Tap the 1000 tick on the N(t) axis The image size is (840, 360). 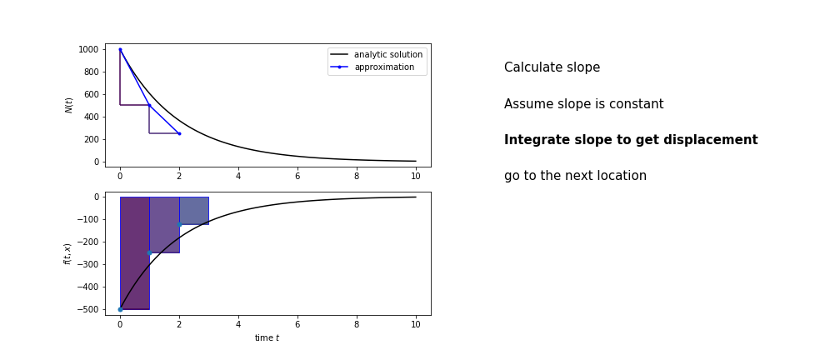89,49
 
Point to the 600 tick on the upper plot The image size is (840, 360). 92,94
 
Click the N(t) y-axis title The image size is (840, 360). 69,105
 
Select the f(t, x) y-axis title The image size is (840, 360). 67,253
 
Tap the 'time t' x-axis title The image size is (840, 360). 267,338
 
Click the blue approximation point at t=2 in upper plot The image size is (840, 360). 179,133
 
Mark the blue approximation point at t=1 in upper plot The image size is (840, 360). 149,105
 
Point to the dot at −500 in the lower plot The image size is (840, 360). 120,310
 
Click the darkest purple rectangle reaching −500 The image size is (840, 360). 135,252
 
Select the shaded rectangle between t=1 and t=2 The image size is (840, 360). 164,225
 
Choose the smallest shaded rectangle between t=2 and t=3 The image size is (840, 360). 194,211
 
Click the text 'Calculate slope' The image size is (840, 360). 552,67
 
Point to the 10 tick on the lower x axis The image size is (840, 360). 416,323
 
